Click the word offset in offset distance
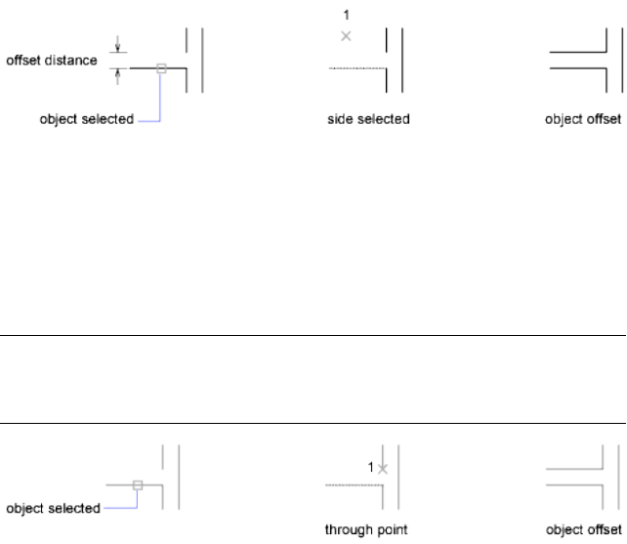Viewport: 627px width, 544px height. click(x=23, y=61)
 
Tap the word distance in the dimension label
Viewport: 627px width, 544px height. click(x=72, y=61)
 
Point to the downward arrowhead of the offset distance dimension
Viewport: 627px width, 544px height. click(x=118, y=49)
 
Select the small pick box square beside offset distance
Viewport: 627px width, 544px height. click(x=162, y=68)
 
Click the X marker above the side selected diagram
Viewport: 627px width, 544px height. click(x=345, y=36)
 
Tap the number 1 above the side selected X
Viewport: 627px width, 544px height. click(x=345, y=15)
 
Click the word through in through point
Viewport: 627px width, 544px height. click(x=349, y=532)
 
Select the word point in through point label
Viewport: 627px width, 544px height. click(x=391, y=532)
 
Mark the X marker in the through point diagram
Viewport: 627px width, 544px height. click(x=383, y=469)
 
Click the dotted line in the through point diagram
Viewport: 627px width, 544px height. click(x=347, y=483)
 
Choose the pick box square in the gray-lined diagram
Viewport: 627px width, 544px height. click(x=139, y=484)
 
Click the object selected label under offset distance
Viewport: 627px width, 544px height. click(x=86, y=120)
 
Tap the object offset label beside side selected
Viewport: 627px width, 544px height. click(x=583, y=120)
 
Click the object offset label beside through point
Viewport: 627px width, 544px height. click(x=583, y=532)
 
